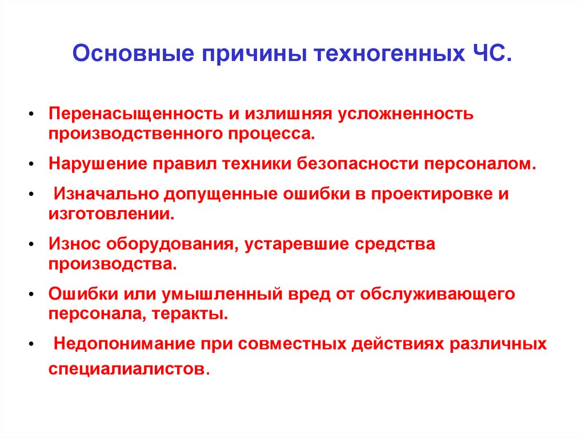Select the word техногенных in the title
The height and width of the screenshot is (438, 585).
tap(386, 55)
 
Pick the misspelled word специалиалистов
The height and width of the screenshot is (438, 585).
tap(126, 368)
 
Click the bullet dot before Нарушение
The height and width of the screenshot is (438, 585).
tap(30, 164)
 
